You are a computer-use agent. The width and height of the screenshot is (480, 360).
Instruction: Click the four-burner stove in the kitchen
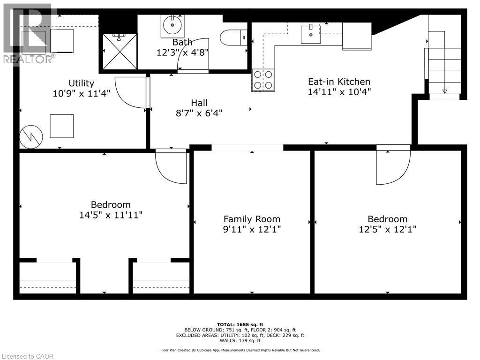click(263, 80)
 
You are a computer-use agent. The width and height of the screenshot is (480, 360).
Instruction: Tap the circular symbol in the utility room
click(31, 137)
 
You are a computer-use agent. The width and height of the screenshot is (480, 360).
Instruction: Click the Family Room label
click(252, 219)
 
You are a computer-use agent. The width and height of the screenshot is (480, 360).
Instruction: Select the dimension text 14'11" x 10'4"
click(339, 92)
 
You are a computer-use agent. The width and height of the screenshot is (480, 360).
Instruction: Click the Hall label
click(199, 103)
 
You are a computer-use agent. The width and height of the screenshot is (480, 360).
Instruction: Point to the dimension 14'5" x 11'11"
click(111, 215)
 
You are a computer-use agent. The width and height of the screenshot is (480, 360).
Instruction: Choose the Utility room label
click(82, 83)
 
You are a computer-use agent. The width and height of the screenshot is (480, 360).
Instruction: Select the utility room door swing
click(131, 93)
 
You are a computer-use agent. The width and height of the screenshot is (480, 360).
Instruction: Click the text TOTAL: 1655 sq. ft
click(240, 324)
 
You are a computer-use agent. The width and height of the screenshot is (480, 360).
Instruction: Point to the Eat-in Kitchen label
click(339, 82)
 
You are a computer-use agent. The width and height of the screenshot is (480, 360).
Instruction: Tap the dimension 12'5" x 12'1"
click(387, 229)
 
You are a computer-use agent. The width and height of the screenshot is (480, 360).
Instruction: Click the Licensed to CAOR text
click(27, 356)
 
